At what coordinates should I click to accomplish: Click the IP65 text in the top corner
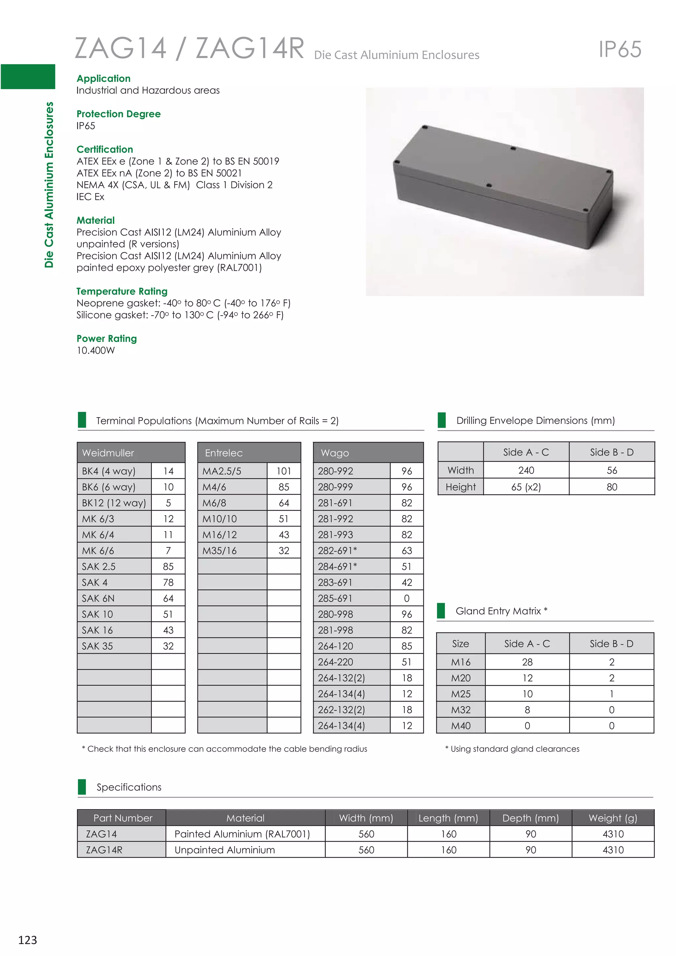[620, 50]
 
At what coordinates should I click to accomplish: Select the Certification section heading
[105, 150]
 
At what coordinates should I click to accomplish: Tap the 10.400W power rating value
[96, 351]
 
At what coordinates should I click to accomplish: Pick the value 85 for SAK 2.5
[168, 567]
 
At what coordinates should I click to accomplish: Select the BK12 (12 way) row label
[114, 503]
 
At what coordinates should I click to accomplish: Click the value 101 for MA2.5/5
[284, 471]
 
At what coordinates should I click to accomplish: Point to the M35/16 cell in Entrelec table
[220, 551]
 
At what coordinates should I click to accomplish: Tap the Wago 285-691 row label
[335, 598]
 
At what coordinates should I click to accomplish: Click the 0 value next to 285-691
[407, 598]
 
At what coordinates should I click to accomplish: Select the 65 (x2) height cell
[526, 487]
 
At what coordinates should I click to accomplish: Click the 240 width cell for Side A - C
[526, 470]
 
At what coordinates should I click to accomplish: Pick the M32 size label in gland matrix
[460, 710]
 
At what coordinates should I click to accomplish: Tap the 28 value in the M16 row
[527, 662]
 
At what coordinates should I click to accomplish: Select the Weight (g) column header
[613, 818]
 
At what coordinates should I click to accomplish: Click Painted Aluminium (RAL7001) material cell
[242, 834]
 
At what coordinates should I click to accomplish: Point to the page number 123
[27, 940]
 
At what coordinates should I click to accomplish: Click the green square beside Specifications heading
[82, 787]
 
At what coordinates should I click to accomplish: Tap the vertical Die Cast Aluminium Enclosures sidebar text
[49, 185]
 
